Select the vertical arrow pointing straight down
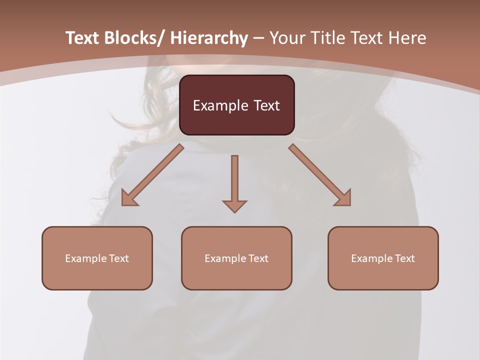tap(234, 182)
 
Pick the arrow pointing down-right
tap(320, 175)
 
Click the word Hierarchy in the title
tap(208, 38)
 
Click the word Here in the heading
tap(407, 38)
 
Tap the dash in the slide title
tap(258, 38)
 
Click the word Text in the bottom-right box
tap(404, 258)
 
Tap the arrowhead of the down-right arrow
tap(344, 198)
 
